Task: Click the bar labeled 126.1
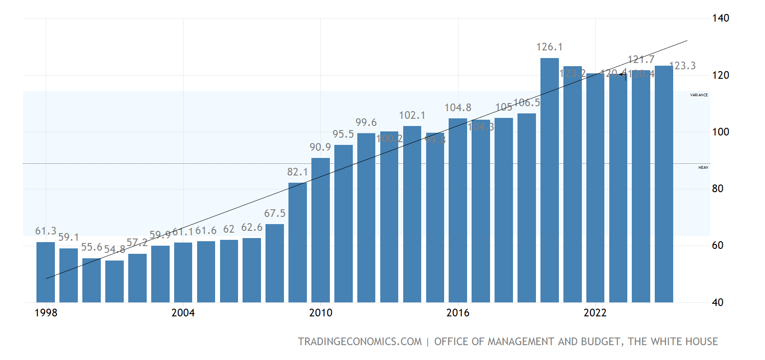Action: pos(549,180)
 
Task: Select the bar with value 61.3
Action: pos(45,272)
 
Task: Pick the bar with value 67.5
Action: pos(274,263)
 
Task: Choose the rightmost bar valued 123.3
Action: pos(664,184)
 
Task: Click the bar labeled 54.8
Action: pos(114,281)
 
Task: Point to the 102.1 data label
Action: pos(412,116)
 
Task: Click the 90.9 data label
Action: pos(320,148)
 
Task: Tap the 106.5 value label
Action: pos(526,103)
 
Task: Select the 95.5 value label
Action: pos(343,135)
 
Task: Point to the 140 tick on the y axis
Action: pos(720,18)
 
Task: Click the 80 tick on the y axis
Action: pos(718,189)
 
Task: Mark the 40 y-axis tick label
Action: pos(718,303)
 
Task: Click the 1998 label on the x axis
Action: pos(46,313)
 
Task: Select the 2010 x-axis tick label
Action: pos(320,313)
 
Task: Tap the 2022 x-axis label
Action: pos(595,313)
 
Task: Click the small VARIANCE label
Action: pos(699,95)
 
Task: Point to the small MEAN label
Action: pos(703,167)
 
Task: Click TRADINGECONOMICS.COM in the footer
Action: pos(360,342)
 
